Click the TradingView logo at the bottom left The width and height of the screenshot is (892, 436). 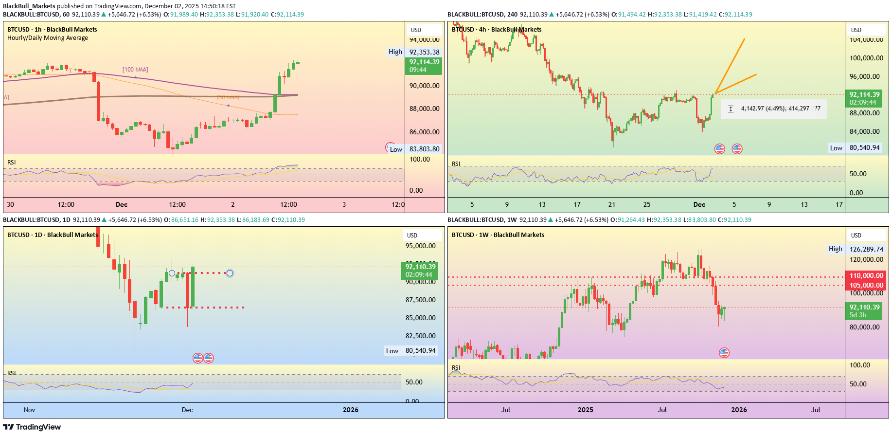coord(32,427)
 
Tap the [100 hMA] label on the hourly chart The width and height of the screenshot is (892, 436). coord(135,70)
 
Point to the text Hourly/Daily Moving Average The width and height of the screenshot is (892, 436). coord(48,38)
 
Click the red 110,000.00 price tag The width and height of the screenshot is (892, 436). coord(866,275)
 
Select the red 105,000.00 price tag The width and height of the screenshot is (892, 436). coord(866,285)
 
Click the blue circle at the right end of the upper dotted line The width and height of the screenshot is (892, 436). coord(230,273)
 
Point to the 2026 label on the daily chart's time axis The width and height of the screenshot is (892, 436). coord(350,410)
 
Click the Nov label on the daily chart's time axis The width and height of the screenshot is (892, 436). coord(30,410)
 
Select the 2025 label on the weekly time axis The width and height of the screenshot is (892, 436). coord(585,410)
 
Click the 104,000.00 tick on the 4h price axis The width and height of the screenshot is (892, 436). coord(866,40)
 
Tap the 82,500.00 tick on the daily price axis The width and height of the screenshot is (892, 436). coord(421,336)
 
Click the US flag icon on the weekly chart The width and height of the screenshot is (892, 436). coord(724,352)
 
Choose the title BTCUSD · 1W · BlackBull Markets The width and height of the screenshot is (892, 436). coord(498,235)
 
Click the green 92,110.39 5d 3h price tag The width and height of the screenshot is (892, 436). coord(864,311)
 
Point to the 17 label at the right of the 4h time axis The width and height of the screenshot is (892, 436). coord(839,204)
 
